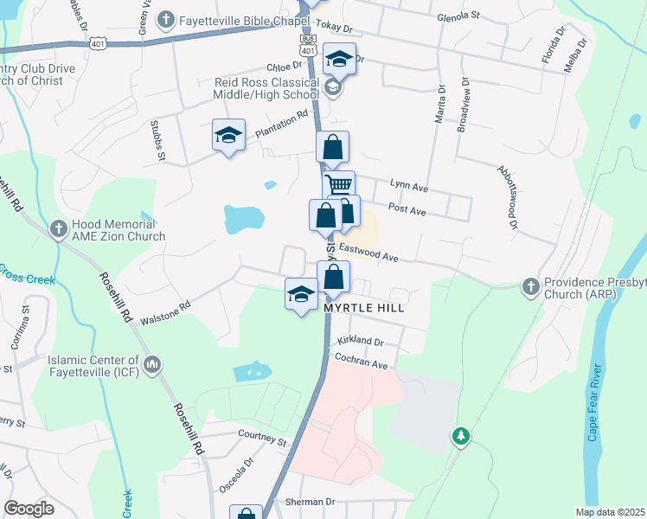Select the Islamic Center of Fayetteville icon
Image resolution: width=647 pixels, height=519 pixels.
(152, 365)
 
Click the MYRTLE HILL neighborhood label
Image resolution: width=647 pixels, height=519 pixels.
(364, 307)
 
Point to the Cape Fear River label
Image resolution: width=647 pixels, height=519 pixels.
(593, 407)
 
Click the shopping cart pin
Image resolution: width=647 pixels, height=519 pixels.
(339, 186)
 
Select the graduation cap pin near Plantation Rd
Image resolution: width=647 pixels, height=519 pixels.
(229, 136)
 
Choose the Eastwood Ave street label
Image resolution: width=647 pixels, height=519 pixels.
(368, 253)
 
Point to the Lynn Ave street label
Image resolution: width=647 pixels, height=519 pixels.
(409, 184)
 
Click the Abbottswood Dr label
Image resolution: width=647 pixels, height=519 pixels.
(507, 198)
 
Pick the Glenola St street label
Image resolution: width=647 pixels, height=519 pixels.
(458, 16)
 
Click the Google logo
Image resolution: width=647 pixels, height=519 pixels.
(29, 509)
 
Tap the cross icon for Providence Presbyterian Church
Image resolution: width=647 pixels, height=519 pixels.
(529, 285)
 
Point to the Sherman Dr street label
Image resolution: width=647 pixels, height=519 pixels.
(310, 502)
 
